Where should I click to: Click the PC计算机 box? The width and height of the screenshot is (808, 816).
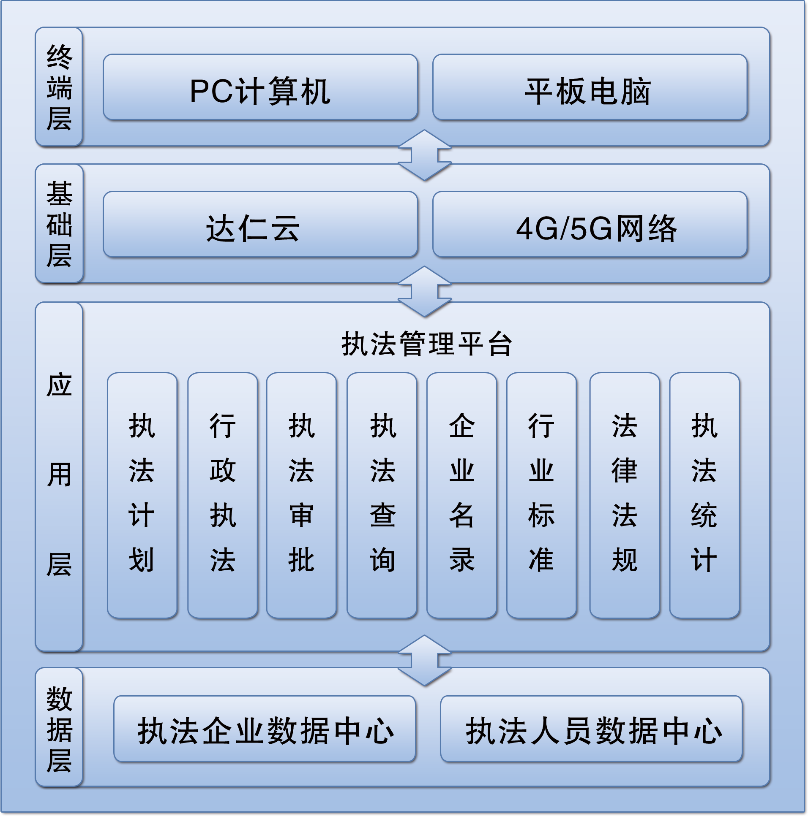click(x=260, y=87)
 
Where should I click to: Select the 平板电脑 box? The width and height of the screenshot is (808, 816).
click(x=590, y=87)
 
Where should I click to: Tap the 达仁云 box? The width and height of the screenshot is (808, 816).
click(x=260, y=224)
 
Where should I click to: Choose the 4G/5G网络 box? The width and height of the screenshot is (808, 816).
click(x=590, y=224)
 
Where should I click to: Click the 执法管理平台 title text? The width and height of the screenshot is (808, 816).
click(x=427, y=344)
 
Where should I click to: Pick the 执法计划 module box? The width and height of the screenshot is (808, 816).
click(x=142, y=495)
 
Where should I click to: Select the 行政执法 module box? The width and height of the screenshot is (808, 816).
click(x=222, y=495)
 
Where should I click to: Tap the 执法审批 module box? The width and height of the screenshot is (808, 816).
click(x=301, y=495)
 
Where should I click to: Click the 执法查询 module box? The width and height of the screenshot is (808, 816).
click(x=382, y=495)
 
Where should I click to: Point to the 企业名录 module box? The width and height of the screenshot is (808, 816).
click(x=462, y=495)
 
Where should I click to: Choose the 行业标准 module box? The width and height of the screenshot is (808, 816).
click(x=542, y=495)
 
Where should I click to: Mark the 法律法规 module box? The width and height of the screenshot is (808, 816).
click(x=625, y=495)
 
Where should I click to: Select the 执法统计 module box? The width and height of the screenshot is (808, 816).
click(x=704, y=495)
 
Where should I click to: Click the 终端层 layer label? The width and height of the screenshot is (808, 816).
click(x=59, y=87)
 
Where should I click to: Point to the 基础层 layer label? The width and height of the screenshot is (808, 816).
click(x=59, y=224)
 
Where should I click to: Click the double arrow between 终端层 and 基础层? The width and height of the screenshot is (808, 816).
click(x=425, y=155)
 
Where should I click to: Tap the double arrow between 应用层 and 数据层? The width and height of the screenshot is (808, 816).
click(x=425, y=661)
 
